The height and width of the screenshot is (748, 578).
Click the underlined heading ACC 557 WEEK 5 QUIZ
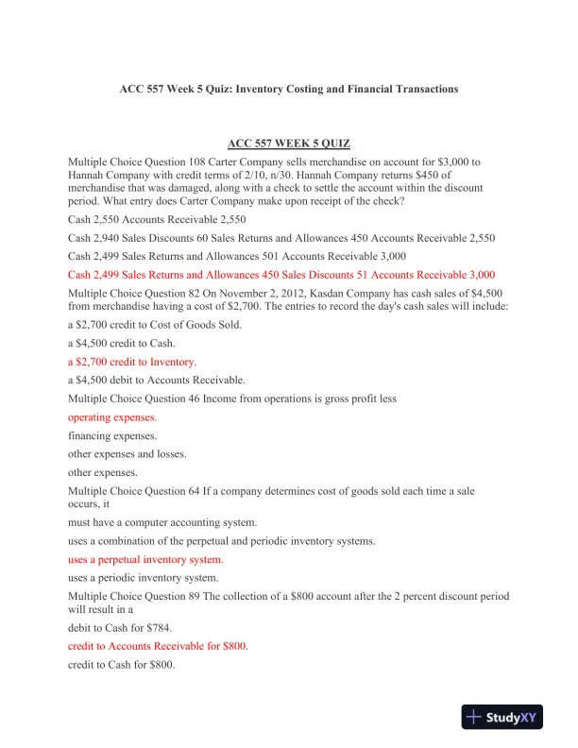coord(289,143)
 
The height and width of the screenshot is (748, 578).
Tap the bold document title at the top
coord(289,89)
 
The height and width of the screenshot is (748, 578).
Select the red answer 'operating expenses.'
coord(112,416)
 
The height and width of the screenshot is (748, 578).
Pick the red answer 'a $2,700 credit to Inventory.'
coord(132,362)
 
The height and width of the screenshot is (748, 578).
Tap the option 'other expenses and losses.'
coord(127,453)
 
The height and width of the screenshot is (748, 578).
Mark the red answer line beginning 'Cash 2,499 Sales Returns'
coord(281,275)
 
